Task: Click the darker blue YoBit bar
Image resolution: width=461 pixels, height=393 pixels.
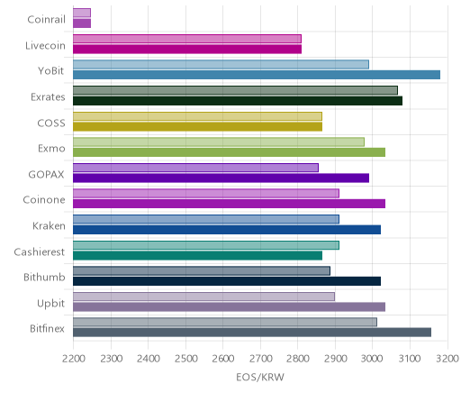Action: [x=257, y=75]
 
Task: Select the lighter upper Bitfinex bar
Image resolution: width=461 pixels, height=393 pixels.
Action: [x=225, y=323]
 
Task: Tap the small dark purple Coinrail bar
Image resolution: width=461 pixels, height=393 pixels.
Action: [x=82, y=23]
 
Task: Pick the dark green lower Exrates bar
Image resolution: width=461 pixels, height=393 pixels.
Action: [x=238, y=101]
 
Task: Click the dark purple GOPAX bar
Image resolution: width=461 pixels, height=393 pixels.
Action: [x=221, y=178]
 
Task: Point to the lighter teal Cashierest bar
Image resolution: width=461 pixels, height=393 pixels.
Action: [x=206, y=245]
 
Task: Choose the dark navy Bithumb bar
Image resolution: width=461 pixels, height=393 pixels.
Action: [x=227, y=281]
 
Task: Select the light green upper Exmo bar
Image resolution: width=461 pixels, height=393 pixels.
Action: [x=219, y=142]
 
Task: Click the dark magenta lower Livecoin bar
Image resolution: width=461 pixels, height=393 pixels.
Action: [x=187, y=50]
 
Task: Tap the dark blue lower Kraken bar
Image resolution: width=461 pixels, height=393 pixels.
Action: [x=227, y=230]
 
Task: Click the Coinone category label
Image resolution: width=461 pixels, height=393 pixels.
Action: [x=44, y=200]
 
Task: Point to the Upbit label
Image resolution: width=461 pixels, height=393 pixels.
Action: [x=50, y=304]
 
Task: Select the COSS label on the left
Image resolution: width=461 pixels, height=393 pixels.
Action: [x=51, y=123]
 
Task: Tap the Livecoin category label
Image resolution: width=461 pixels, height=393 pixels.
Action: [x=45, y=46]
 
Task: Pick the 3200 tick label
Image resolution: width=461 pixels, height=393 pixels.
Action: [x=447, y=359]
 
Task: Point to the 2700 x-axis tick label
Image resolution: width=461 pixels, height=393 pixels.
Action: [x=260, y=359]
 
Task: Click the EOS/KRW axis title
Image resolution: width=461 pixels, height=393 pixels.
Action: [x=260, y=377]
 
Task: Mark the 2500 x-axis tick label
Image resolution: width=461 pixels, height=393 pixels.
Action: [x=185, y=359]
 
